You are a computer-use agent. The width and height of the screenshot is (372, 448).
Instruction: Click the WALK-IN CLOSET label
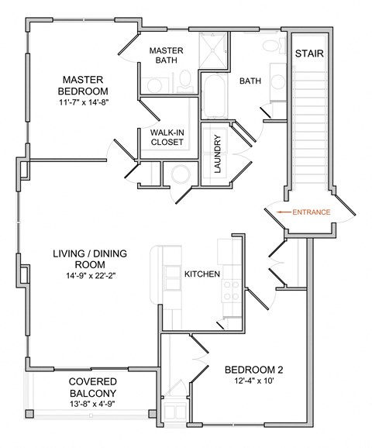coord(167,137)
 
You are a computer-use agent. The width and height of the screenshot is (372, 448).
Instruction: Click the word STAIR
coord(308,54)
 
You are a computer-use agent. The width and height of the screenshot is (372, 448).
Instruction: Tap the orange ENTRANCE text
coord(312,212)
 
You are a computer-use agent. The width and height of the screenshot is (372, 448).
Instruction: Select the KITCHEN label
coord(201,274)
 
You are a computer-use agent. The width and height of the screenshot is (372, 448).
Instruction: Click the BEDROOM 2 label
coord(252,369)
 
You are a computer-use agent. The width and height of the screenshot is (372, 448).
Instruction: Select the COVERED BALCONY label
coord(92,387)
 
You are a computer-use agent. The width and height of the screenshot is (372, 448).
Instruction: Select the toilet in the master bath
coord(184,80)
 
